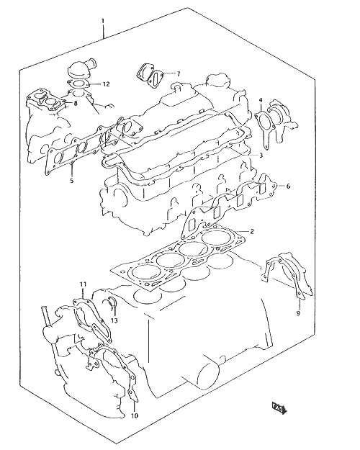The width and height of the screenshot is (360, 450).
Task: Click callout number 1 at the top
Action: coord(103,21)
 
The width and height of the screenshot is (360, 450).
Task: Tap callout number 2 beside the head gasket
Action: coord(252,231)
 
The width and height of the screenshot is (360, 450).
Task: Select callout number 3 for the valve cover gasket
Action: coord(261,156)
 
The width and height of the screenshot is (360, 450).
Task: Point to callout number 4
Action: coord(261,100)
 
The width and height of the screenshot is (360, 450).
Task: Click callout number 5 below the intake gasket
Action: coord(72,181)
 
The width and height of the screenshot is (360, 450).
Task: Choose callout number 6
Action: coord(288,186)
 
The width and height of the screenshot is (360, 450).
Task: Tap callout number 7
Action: coord(178,74)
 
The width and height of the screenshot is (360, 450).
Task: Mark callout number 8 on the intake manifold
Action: coord(75,103)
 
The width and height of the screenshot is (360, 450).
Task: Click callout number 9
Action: coord(298,313)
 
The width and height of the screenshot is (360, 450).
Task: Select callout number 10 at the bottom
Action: coord(135,415)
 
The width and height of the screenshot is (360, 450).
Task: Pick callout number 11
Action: coord(83,284)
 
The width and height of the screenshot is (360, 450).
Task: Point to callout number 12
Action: coord(106,84)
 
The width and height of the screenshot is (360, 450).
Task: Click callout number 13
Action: coord(114,320)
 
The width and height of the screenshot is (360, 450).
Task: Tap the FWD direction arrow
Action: coord(279,408)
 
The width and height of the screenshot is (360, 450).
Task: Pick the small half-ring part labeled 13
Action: coord(110,302)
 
